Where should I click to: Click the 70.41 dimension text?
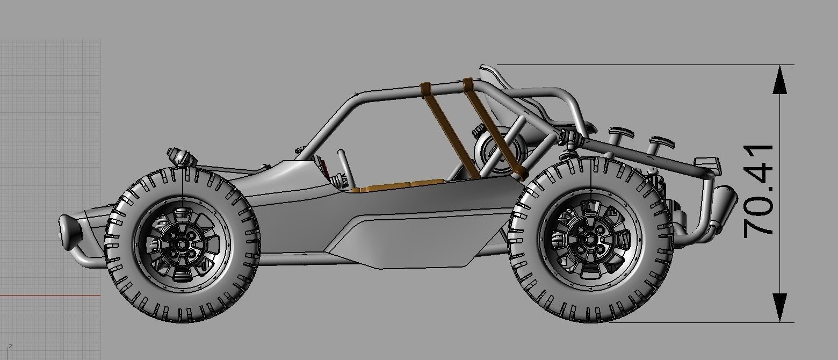pyautogui.click(x=758, y=191)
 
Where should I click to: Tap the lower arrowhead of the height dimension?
pyautogui.click(x=779, y=307)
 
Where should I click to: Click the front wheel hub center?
pyautogui.click(x=182, y=244)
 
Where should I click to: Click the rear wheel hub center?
pyautogui.click(x=591, y=240)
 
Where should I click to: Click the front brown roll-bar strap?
pyautogui.click(x=449, y=129)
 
